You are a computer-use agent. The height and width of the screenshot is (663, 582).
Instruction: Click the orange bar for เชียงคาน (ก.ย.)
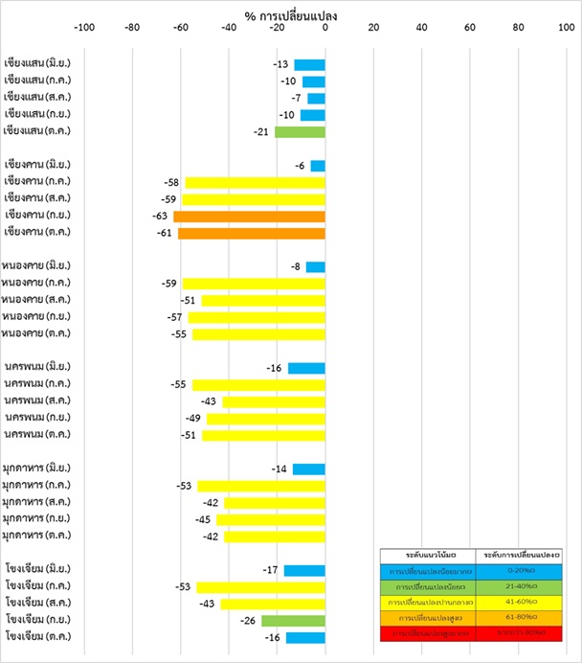(x=249, y=217)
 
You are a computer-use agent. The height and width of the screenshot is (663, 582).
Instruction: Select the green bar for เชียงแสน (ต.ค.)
(x=300, y=131)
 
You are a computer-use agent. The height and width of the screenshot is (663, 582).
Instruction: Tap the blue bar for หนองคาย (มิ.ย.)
(x=315, y=267)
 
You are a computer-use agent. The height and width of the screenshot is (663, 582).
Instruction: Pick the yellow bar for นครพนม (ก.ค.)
(x=258, y=385)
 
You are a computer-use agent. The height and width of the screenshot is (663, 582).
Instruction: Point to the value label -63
(x=160, y=217)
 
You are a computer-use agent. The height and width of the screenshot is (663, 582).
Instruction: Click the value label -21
(x=261, y=131)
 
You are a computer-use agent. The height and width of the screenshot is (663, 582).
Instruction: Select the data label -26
(x=248, y=621)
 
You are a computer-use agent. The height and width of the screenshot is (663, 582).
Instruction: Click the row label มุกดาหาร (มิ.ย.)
(x=38, y=469)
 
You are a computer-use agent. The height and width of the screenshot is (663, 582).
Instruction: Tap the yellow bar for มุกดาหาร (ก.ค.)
(x=260, y=487)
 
